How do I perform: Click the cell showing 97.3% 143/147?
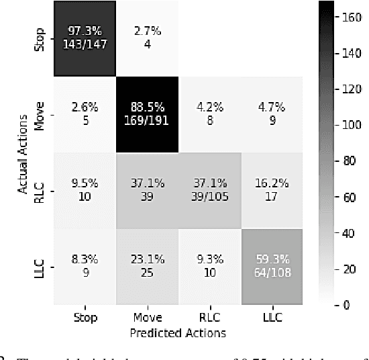point(85,39)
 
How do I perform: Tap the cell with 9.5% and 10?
point(85,191)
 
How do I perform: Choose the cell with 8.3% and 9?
point(85,267)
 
